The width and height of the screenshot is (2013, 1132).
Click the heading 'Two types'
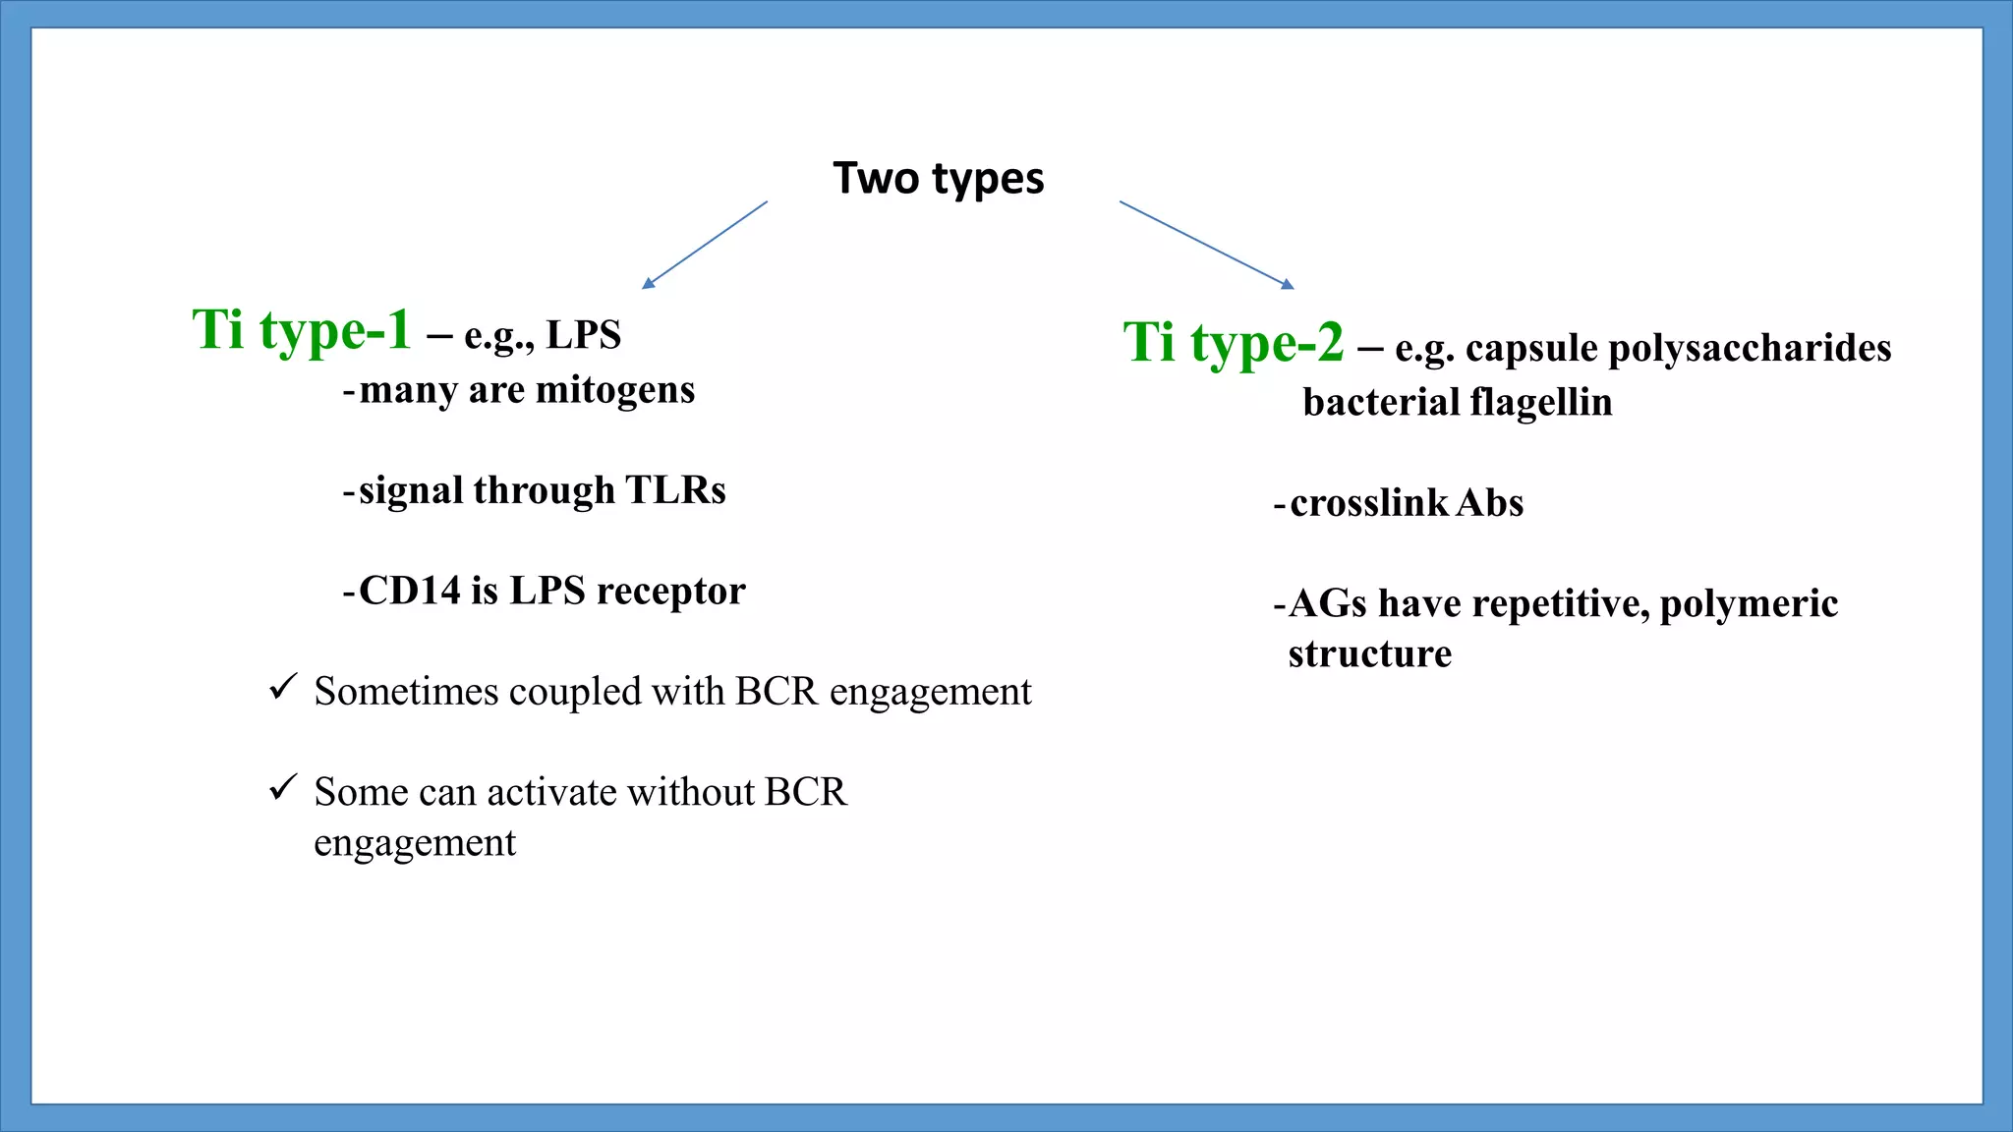939,179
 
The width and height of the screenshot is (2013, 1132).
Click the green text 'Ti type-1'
302,330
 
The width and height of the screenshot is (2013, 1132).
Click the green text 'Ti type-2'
1233,343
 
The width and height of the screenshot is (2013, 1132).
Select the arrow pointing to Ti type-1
705,245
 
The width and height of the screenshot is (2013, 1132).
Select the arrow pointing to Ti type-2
1206,245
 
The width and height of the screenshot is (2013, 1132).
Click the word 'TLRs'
675,490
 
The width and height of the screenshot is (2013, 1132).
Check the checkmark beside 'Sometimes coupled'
283,687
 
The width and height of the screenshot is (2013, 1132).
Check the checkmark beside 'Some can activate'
283,787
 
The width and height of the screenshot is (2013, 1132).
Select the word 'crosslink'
1369,503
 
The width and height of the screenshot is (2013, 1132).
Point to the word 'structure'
1369,654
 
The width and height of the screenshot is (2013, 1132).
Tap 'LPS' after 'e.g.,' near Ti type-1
584,335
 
